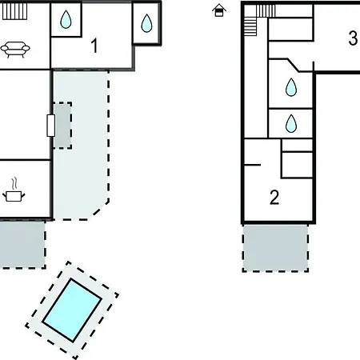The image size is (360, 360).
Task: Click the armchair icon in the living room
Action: tap(15, 50)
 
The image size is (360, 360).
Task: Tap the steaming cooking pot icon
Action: tap(14, 190)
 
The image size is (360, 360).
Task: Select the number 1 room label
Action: tap(94, 46)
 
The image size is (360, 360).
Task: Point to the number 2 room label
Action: tap(274, 198)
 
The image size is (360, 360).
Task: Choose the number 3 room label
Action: tap(353, 38)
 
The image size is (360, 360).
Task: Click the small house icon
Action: tap(219, 10)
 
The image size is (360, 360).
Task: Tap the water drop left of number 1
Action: tap(66, 19)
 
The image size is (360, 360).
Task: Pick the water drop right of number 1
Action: tap(146, 23)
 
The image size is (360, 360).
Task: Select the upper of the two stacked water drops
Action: tap(291, 87)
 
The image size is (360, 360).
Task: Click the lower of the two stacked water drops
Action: tap(291, 123)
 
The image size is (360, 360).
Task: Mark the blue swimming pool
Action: tap(72, 310)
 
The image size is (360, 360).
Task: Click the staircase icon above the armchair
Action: tap(14, 11)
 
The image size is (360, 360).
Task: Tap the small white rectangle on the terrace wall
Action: tap(51, 126)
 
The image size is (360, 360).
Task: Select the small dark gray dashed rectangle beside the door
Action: tap(62, 126)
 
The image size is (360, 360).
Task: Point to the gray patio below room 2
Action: tap(275, 248)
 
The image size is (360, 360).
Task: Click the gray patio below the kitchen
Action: tap(22, 244)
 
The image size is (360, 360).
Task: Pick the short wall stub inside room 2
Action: tap(252, 165)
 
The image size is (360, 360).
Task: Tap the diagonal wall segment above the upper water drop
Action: tap(293, 65)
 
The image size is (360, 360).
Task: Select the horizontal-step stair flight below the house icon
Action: tap(250, 26)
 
